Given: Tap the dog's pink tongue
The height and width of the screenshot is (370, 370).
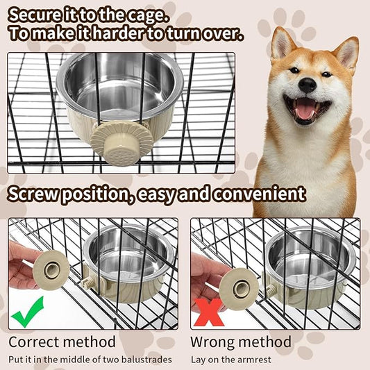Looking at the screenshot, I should click(x=305, y=109).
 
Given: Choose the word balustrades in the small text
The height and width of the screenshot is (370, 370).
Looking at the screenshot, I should click(x=144, y=359).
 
